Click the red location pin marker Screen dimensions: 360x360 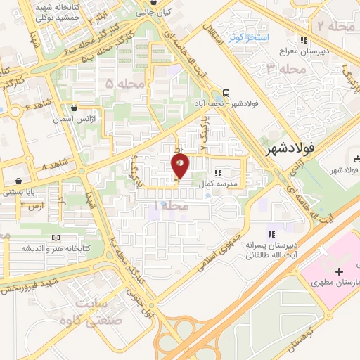tap(181, 166)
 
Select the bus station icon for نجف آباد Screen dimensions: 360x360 tap(226, 93)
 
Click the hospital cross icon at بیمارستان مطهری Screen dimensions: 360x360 tap(339, 271)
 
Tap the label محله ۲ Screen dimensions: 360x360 tap(331, 26)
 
